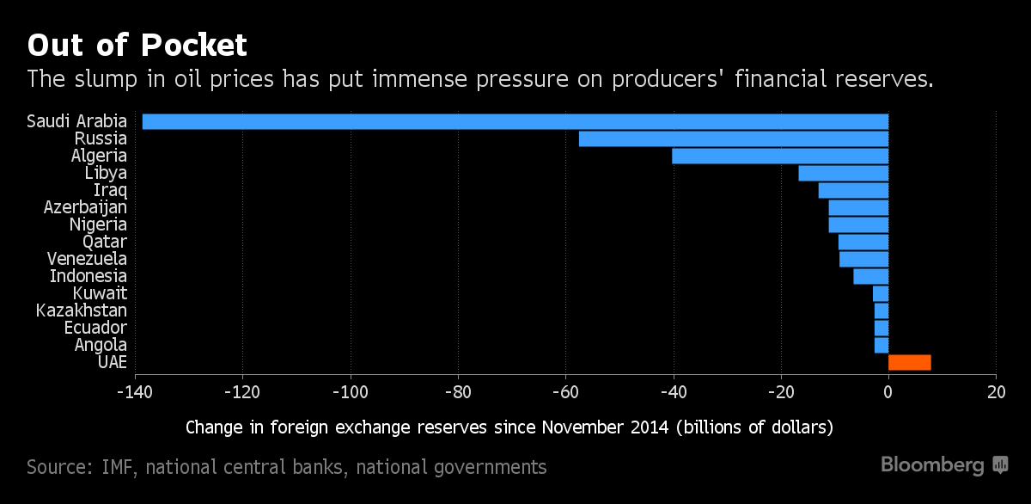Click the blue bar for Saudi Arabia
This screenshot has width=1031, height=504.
(x=515, y=121)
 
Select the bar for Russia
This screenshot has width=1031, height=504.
(x=734, y=138)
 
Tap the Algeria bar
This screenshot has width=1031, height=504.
(x=780, y=156)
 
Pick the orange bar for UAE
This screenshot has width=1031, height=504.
(x=909, y=362)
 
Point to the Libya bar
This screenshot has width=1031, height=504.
(x=843, y=173)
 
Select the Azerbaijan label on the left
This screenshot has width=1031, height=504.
(x=85, y=207)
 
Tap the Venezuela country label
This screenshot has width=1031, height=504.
(x=87, y=259)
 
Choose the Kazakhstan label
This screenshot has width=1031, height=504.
(x=82, y=310)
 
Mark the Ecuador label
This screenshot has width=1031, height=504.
(x=95, y=328)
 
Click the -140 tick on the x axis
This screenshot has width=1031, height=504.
(x=135, y=392)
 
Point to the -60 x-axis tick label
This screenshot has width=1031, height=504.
(x=565, y=392)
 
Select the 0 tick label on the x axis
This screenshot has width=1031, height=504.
(x=888, y=392)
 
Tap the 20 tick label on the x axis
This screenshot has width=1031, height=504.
(x=996, y=392)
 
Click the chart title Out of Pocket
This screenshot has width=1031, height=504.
(x=137, y=44)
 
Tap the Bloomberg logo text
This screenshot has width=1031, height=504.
(x=933, y=465)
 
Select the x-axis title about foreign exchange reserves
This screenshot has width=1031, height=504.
(x=509, y=427)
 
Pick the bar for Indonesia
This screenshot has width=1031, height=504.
(x=870, y=276)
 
